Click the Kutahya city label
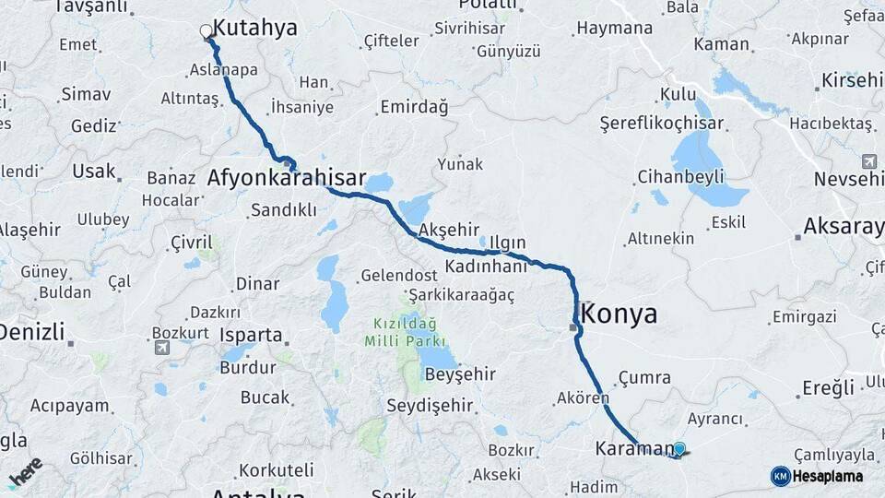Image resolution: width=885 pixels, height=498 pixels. pos(254,29)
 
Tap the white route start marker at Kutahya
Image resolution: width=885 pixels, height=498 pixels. pos(206,31)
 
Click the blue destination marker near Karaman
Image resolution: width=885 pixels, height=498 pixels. pos(679,449)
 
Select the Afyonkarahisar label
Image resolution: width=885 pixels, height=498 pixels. pos(287,178)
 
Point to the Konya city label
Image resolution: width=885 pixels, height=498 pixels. pos(620,314)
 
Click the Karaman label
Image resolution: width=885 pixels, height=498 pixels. pos(635,449)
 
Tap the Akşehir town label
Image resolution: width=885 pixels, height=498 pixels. pos(451,229)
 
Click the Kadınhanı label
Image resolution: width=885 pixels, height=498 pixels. pos(485,266)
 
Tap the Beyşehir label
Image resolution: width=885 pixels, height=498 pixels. pos(460,373)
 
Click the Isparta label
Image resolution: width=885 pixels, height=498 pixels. pos(251,335)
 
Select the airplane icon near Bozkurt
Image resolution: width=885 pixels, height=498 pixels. pos(162,348)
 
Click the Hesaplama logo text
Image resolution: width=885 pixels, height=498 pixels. pos(828,476)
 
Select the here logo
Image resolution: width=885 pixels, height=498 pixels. pos(26,471)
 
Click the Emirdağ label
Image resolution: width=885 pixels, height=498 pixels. pos(413,108)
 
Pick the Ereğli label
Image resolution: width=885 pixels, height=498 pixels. pos(829,387)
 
